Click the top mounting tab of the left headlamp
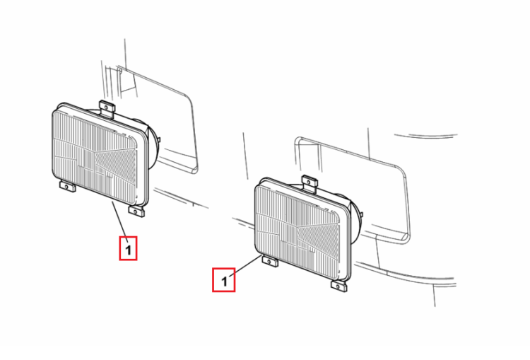pos(107,108)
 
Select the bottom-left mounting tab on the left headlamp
pos(68,187)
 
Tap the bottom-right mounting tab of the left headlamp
pos(136,211)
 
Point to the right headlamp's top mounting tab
pos(310,183)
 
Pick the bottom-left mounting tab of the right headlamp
pos(270,261)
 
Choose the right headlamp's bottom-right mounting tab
pos(339,286)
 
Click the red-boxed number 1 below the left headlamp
pos(128,249)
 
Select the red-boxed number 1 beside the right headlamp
pos(224,280)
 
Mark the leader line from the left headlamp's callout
pos(119,219)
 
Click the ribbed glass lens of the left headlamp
pos(95,157)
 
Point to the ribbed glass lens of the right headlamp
pos(297,232)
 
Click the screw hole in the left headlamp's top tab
pos(107,108)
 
